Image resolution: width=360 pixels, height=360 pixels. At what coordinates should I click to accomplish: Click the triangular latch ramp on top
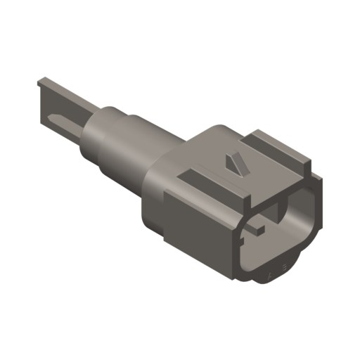click(233, 163)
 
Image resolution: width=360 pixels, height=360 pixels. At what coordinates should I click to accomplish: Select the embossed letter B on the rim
click(283, 268)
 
